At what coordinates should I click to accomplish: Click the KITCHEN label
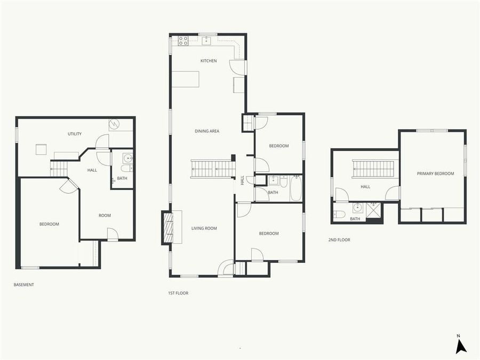pyautogui.click(x=209, y=61)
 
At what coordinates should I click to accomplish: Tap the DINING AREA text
pyautogui.click(x=207, y=131)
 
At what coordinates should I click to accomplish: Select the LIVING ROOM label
pyautogui.click(x=204, y=228)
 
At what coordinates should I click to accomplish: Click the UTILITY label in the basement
pyautogui.click(x=74, y=133)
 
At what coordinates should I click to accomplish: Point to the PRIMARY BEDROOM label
pyautogui.click(x=435, y=174)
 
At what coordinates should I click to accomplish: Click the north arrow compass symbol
pyautogui.click(x=460, y=346)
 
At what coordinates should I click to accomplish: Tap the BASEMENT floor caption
pyautogui.click(x=24, y=285)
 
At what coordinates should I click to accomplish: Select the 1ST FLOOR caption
pyautogui.click(x=178, y=293)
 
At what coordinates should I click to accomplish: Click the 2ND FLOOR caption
pyautogui.click(x=339, y=240)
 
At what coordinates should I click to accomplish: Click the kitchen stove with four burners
pyautogui.click(x=183, y=40)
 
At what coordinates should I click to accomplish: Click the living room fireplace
pyautogui.click(x=168, y=227)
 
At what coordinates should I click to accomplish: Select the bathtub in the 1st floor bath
pyautogui.click(x=296, y=188)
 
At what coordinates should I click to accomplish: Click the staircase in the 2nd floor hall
pyautogui.click(x=373, y=169)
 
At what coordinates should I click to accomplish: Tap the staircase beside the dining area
pyautogui.click(x=213, y=169)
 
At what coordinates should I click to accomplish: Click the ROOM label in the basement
pyautogui.click(x=105, y=215)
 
